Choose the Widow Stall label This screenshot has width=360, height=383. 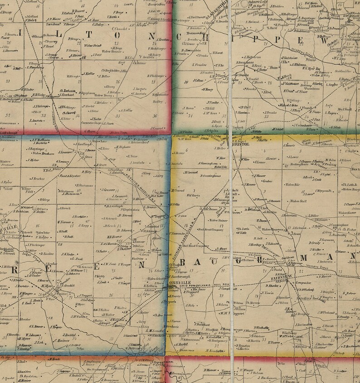click(298, 201)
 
